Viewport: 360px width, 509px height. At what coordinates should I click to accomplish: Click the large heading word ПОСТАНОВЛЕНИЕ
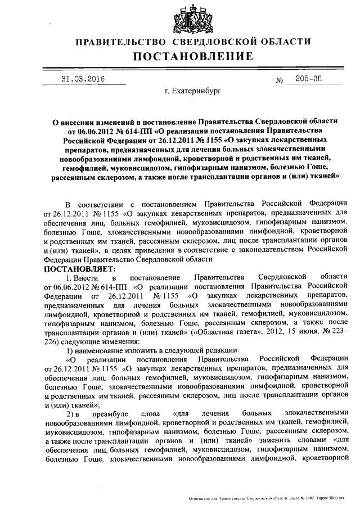192,56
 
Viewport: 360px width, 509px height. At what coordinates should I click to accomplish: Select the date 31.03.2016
83,79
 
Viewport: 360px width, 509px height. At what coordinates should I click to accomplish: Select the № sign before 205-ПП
280,81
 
